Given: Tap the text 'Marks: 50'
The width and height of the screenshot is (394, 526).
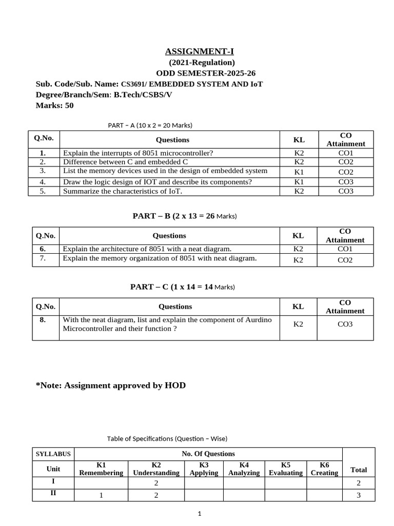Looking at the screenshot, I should tap(55, 105).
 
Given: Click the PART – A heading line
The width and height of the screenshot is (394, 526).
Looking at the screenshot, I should tap(150, 125).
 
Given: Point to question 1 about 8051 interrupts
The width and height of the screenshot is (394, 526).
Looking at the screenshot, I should tap(137, 153).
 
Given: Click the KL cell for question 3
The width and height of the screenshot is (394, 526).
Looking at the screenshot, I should tap(299, 172).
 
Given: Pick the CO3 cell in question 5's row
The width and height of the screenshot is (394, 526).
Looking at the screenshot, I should tap(345, 191).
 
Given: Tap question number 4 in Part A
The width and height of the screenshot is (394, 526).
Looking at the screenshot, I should tap(43, 182).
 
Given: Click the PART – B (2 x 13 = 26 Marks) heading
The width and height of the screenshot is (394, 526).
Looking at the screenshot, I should tap(185, 216).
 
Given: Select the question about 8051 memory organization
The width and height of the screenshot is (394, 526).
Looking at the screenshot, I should tap(160, 258).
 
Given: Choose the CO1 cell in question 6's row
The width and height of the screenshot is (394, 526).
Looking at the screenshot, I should tap(345, 249).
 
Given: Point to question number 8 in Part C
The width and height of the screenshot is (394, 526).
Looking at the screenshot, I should tap(43, 320).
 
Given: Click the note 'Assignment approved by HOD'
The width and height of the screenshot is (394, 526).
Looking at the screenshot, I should tap(110, 385).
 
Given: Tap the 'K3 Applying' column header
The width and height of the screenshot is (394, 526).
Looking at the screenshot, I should tap(204, 468).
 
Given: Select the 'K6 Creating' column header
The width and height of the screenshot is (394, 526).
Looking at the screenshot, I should tap(324, 468).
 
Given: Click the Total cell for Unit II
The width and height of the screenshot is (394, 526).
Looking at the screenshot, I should tap(358, 495).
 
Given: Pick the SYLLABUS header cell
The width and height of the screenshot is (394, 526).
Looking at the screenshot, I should tap(53, 454).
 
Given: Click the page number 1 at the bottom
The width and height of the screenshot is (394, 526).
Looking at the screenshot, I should tap(200, 514).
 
